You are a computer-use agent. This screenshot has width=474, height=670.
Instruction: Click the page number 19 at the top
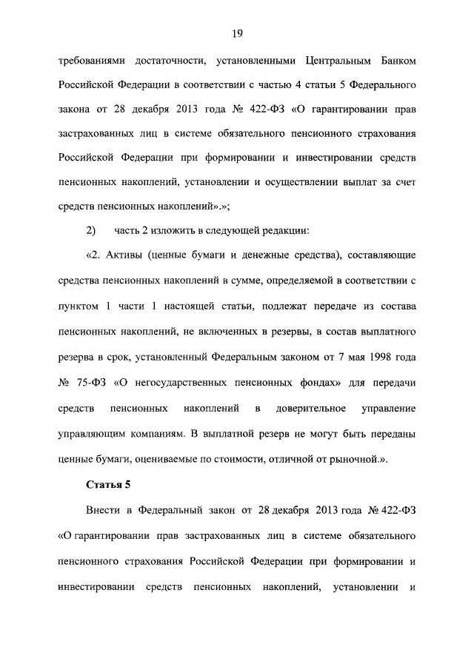click(x=237, y=33)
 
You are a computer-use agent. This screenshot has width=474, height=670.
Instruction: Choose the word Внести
click(x=101, y=511)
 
